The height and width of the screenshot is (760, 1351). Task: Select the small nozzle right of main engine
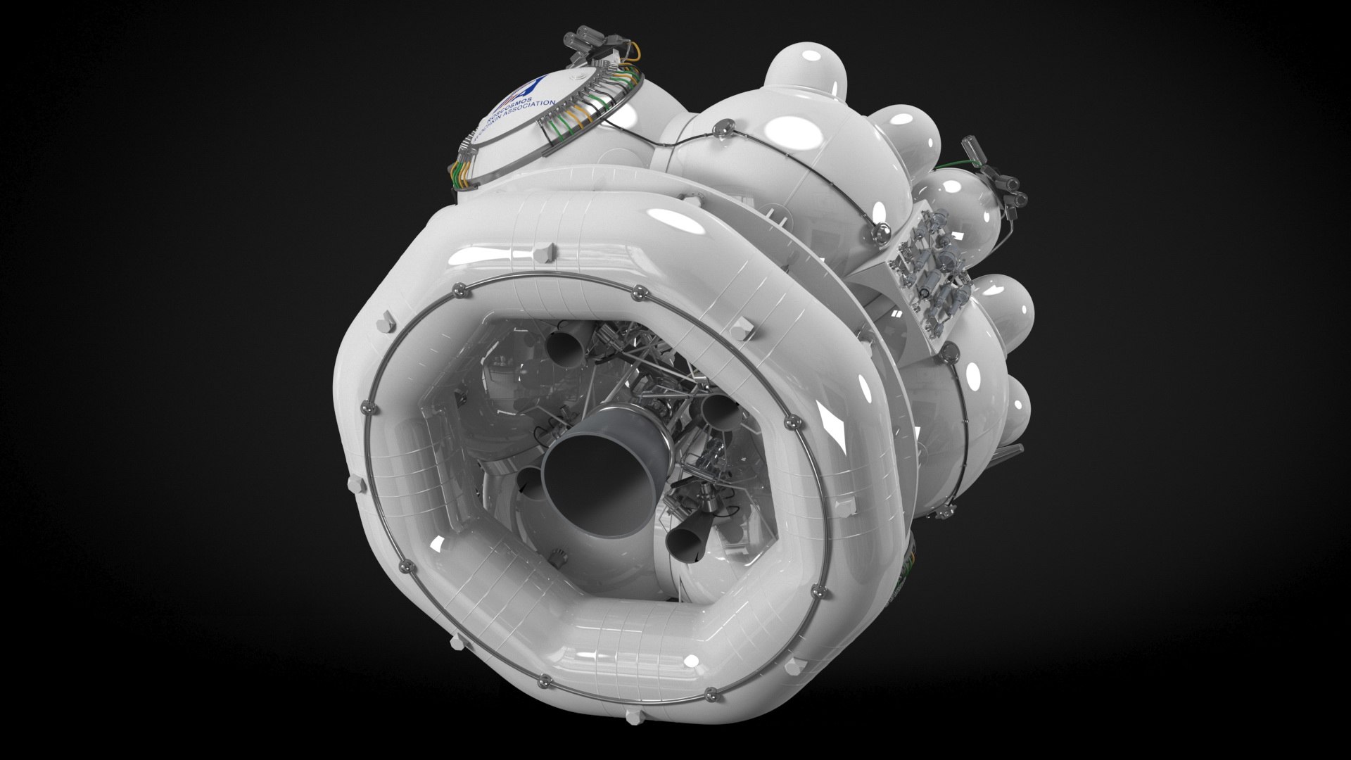[x=718, y=412]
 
